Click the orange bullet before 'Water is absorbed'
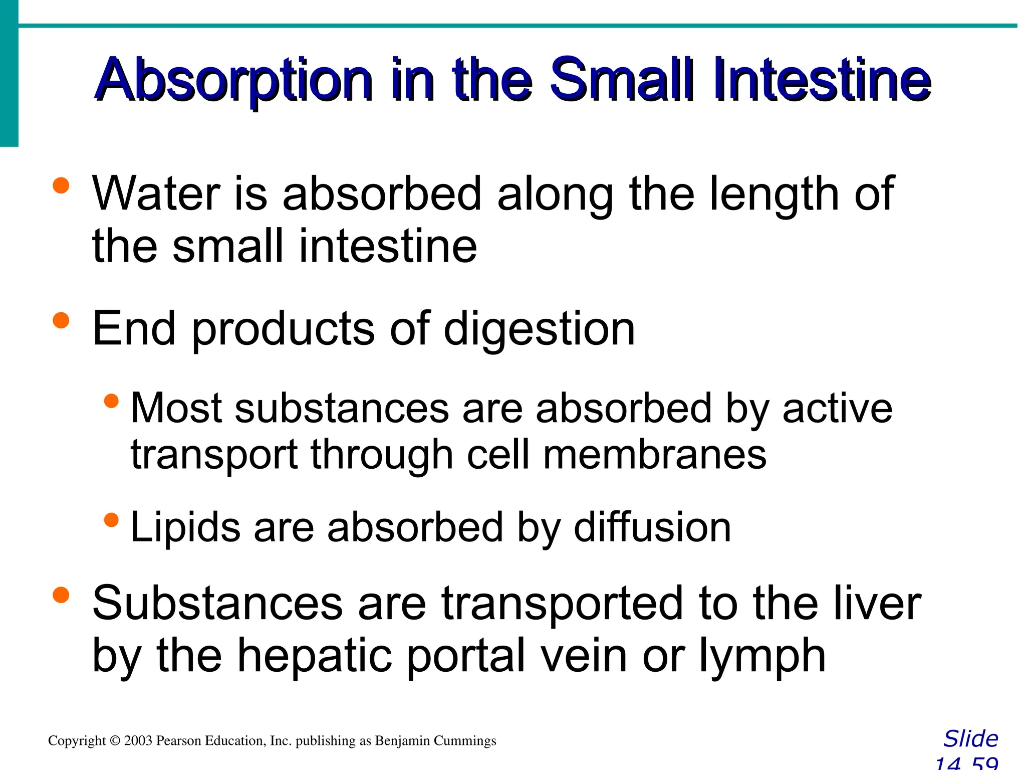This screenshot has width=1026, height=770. point(61,185)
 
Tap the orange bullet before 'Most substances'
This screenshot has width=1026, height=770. point(111,401)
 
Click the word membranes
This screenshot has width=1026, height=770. point(654,455)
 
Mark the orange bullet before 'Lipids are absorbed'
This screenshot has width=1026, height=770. point(111,520)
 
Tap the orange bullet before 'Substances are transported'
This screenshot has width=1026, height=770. point(61,595)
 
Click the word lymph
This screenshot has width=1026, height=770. point(762,657)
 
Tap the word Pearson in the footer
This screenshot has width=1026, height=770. point(175,741)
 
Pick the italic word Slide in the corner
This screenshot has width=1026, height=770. point(970,739)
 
